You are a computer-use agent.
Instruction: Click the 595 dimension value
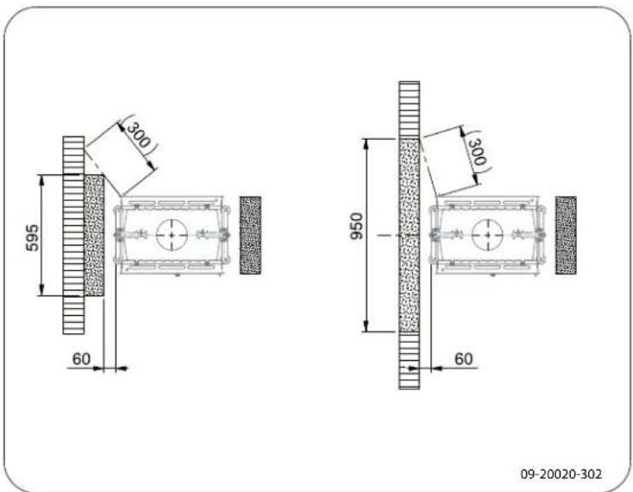pos(33,238)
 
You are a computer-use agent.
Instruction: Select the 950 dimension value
pos(357,226)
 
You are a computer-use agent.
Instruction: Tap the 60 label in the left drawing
pos(82,359)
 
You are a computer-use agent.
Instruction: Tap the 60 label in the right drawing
pos(463,359)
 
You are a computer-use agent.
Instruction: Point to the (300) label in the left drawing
pos(139,134)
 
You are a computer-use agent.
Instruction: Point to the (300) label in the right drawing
pos(477,151)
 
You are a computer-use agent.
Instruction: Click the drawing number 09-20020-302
pos(561,474)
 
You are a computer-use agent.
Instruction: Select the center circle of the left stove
pos(172,235)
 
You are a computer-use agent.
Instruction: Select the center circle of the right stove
pos(487,235)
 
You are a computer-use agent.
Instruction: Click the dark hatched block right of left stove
pos(250,236)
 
